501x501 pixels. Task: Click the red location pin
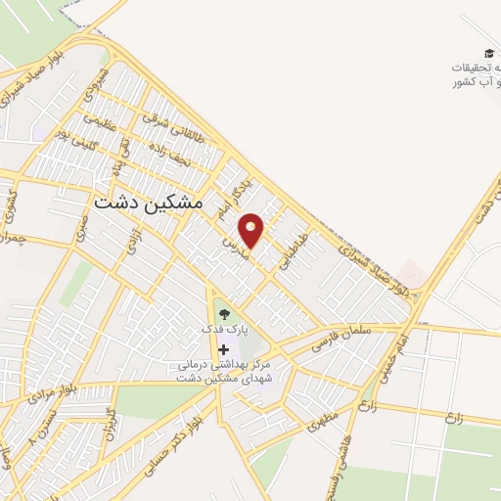coord(251,230)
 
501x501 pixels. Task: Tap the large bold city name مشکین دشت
coord(150,202)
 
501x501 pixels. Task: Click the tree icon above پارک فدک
coord(224,314)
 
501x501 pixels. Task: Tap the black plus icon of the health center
coord(224,349)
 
